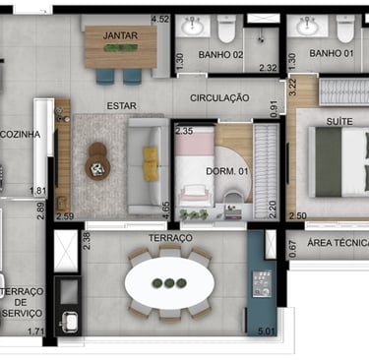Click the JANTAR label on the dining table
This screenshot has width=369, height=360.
(x=120, y=35)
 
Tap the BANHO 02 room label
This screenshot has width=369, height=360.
(x=220, y=54)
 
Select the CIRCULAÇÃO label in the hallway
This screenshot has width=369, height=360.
(x=219, y=97)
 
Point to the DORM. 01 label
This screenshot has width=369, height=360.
(x=227, y=171)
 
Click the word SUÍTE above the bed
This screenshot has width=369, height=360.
(x=339, y=121)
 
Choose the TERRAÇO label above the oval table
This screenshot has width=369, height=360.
(x=170, y=238)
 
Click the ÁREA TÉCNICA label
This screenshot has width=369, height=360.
(x=338, y=243)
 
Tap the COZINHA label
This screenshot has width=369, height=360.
(x=21, y=134)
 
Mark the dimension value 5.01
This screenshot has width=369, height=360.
(x=267, y=331)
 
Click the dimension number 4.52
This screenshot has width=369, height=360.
(x=160, y=19)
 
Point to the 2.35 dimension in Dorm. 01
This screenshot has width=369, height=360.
(x=184, y=131)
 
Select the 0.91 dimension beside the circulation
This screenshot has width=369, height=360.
(x=274, y=109)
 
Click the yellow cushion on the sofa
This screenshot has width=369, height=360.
(x=151, y=163)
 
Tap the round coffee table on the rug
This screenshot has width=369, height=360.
(x=97, y=169)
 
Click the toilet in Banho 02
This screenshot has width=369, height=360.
(x=226, y=29)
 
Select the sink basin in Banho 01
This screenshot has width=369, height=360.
(x=307, y=26)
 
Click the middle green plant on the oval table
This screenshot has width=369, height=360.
(x=169, y=282)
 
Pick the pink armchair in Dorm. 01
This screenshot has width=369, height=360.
(x=194, y=194)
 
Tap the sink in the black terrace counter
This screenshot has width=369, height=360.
(x=70, y=321)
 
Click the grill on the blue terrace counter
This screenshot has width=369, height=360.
(x=262, y=283)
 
